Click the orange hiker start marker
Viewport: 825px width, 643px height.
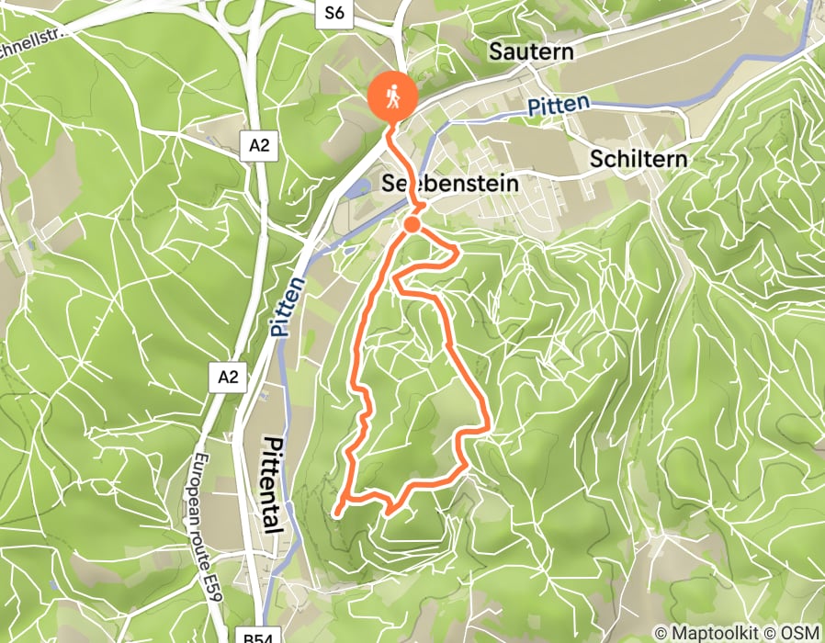tap(393, 96)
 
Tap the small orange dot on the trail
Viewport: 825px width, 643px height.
tap(412, 224)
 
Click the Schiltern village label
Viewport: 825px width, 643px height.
tap(638, 158)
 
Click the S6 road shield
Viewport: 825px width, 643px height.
tap(333, 13)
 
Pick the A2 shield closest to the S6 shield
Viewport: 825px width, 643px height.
tap(259, 144)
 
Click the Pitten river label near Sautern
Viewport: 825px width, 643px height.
tap(559, 106)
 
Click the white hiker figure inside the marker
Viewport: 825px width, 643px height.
tap(393, 95)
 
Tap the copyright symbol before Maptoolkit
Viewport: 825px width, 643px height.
tap(661, 632)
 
